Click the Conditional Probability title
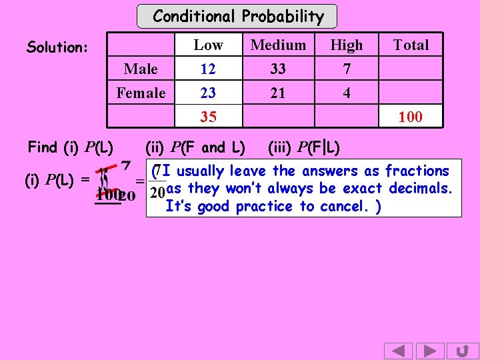pos(238,16)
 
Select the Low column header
pos(208,45)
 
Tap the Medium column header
pos(278,45)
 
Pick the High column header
pos(347,45)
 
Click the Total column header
pos(411,45)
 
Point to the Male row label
pos(141,69)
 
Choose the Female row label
pos(141,93)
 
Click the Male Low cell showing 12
pos(208,69)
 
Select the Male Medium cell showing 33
pos(278,69)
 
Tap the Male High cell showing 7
pos(347,69)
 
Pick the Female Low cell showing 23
pos(208,93)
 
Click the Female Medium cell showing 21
pos(278,93)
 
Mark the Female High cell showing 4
pos(347,93)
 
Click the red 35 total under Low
pos(208,117)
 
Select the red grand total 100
pos(410,117)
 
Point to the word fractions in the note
pos(417,171)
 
